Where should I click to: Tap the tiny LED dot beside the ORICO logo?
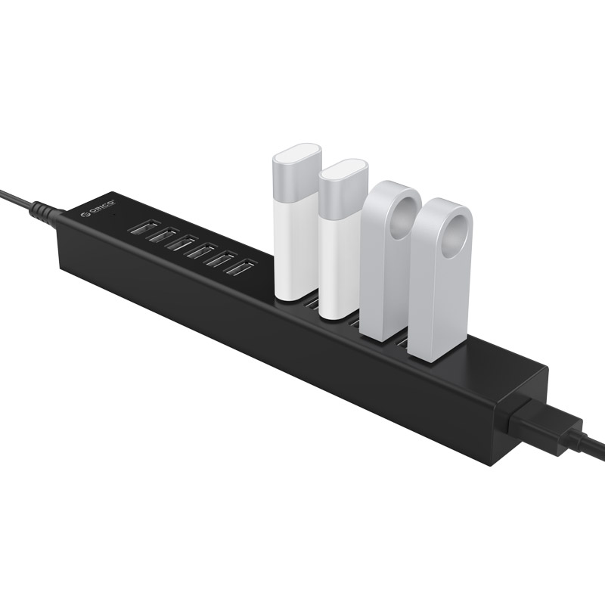click(113, 213)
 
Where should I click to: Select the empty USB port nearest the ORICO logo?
click(144, 227)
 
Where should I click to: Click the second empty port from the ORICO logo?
click(163, 235)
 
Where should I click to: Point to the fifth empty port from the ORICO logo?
click(222, 259)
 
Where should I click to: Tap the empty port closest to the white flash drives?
click(240, 267)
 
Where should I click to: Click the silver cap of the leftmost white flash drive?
click(297, 172)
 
